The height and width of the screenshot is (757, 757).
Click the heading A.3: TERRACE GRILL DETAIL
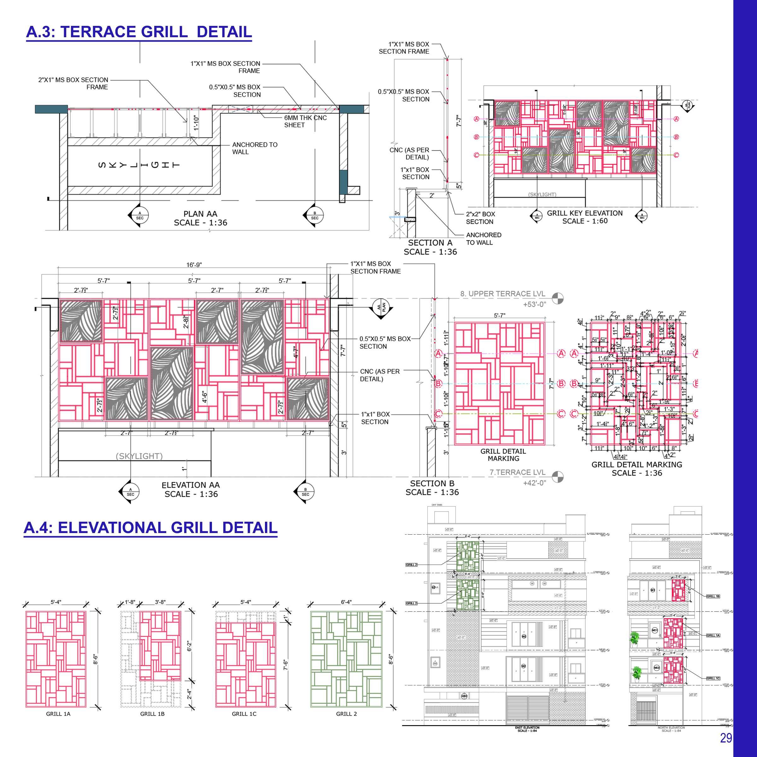[x=139, y=32]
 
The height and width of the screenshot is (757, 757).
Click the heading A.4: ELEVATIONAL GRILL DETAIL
[x=150, y=528]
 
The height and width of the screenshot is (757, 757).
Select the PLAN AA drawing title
[x=200, y=218]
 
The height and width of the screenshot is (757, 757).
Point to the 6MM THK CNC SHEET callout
[x=305, y=121]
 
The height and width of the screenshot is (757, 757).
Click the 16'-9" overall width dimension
[x=194, y=265]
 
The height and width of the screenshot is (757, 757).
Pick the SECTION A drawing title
[x=430, y=247]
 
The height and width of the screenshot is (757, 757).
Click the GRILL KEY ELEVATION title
[x=584, y=217]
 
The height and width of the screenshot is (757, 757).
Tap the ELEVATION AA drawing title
[x=191, y=490]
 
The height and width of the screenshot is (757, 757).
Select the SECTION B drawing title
[x=432, y=488]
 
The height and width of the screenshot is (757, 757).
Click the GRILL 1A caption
[x=58, y=714]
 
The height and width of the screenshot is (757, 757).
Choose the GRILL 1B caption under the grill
[x=152, y=714]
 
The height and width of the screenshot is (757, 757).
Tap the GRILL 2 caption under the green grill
[x=346, y=714]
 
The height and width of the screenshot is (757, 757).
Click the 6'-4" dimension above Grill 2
[x=346, y=602]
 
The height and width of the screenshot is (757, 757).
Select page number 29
[x=726, y=738]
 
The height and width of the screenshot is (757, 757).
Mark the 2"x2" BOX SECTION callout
[x=480, y=218]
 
